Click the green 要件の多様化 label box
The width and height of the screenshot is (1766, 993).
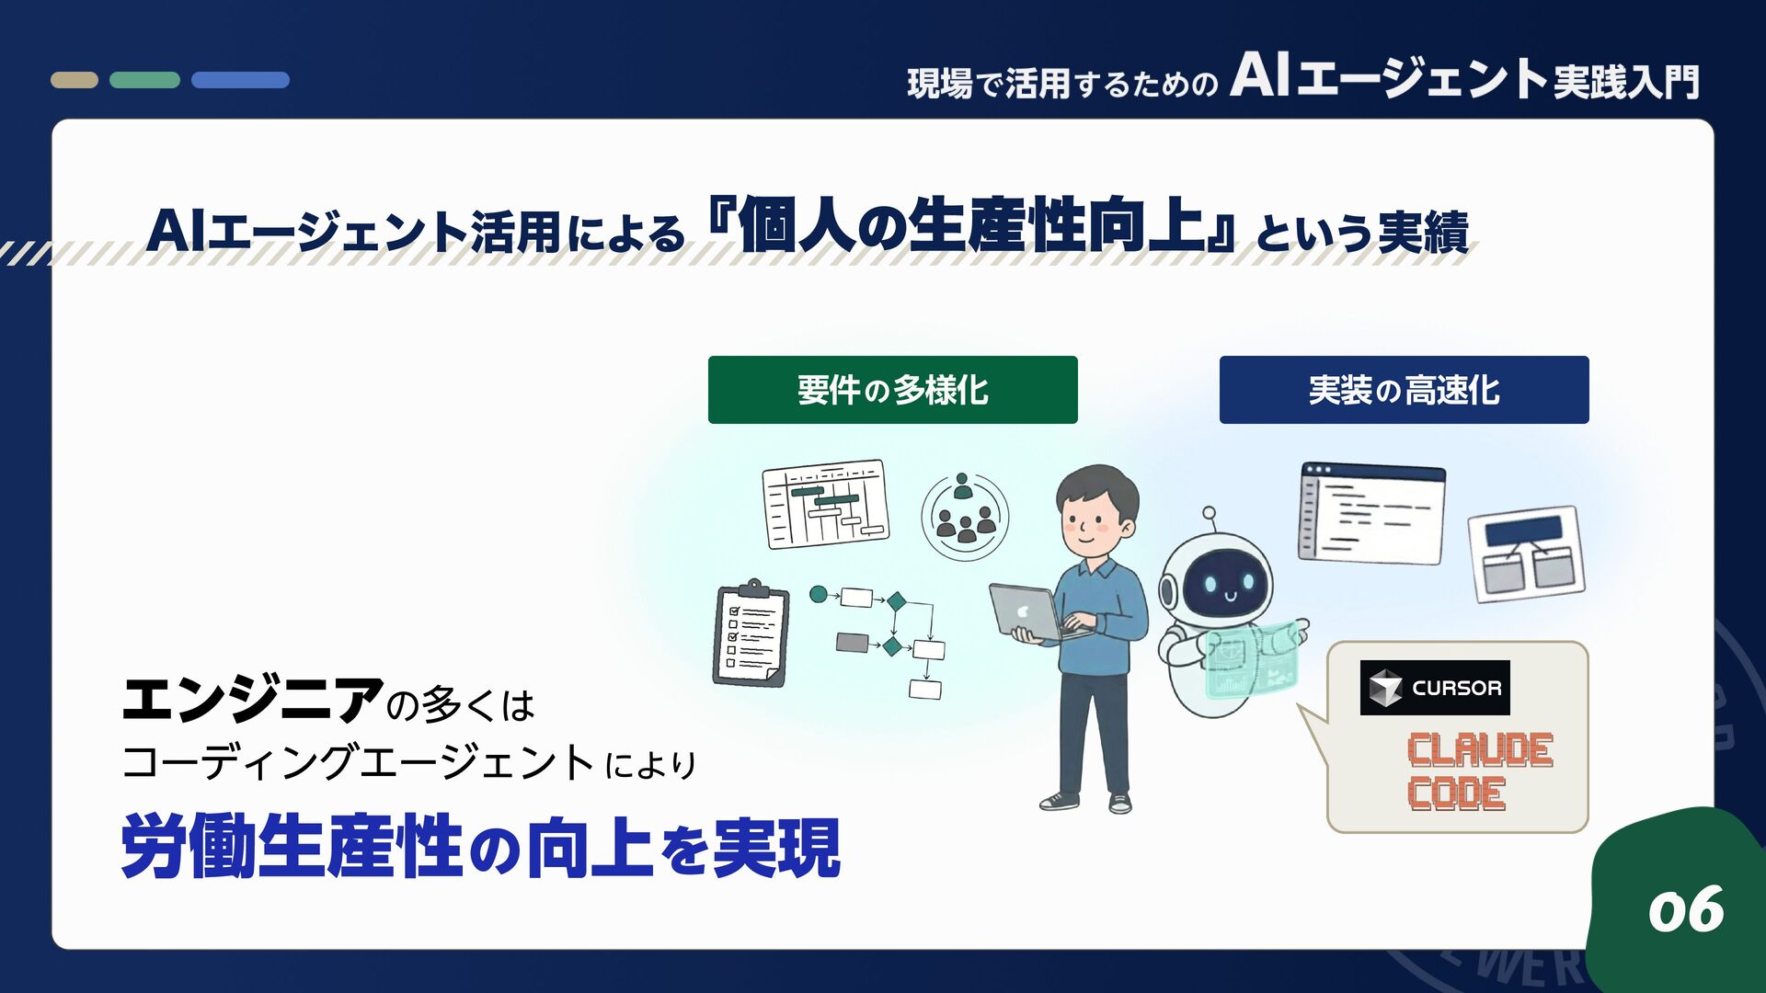point(892,390)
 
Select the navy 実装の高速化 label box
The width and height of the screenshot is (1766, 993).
point(1404,390)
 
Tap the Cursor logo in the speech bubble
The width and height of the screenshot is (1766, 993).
point(1434,688)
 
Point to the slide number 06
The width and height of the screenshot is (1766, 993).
point(1685,910)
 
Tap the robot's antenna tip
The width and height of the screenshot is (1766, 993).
point(1209,513)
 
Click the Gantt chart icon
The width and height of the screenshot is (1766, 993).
point(826,503)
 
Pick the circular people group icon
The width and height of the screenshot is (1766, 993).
point(965,517)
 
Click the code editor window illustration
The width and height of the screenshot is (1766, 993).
point(1371,513)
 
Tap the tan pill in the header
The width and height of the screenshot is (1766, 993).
point(75,80)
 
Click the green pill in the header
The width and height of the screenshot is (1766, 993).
point(144,80)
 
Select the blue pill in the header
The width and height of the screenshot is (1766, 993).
point(240,80)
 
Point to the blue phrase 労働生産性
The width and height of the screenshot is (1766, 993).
point(291,847)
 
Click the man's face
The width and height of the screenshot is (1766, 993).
point(1095,519)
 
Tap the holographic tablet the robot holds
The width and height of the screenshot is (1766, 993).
point(1253,658)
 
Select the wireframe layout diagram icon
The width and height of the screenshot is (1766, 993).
point(1527,554)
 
